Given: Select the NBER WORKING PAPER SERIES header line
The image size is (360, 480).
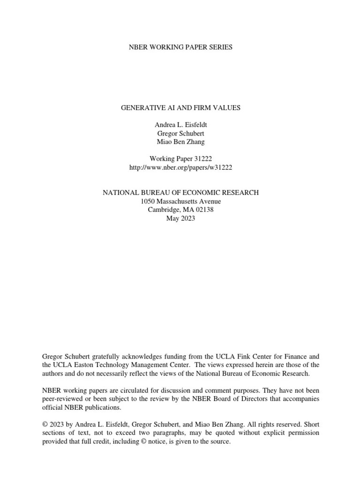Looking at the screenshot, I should (x=180, y=47).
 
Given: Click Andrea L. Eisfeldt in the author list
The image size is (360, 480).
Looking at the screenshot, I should (x=180, y=125).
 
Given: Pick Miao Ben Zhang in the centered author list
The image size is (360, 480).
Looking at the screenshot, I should (x=180, y=142).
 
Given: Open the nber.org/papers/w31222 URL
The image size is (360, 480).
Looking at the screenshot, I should (x=180, y=167).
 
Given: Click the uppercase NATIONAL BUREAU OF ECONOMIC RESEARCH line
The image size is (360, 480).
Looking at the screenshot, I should (x=180, y=193).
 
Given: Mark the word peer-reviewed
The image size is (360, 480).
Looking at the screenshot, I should (x=63, y=399).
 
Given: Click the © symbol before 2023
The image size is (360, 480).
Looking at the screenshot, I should (x=45, y=425).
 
